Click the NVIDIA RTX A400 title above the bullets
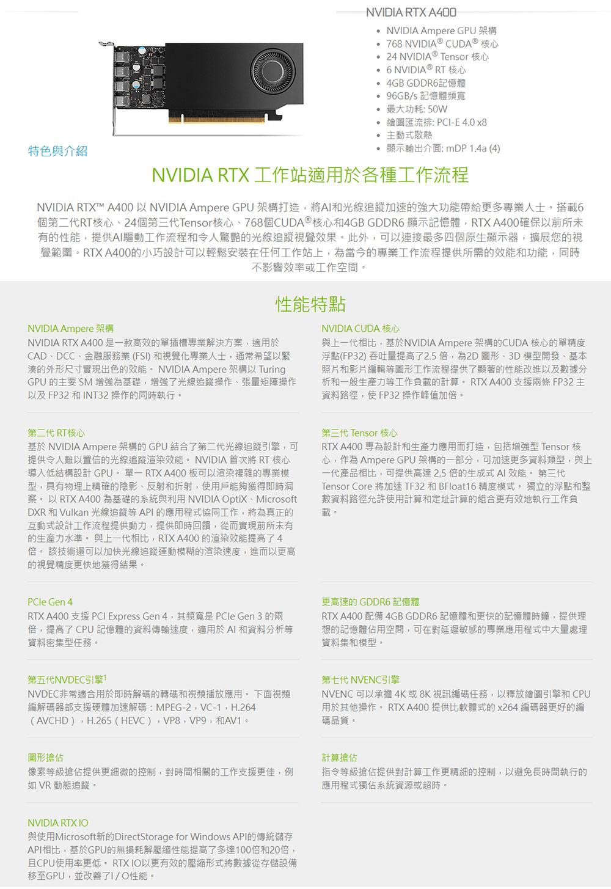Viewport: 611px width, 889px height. [x=411, y=12]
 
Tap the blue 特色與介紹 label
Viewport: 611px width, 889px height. [x=58, y=151]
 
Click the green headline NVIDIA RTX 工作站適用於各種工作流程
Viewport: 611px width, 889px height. [x=310, y=175]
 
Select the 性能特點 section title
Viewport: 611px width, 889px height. [x=310, y=303]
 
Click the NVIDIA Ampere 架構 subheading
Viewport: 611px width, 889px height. [x=70, y=329]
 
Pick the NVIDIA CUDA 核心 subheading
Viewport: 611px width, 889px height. [x=360, y=329]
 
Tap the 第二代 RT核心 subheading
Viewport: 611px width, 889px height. [x=56, y=433]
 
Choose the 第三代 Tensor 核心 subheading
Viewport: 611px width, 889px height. [x=359, y=433]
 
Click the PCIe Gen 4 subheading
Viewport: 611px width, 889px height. [x=50, y=602]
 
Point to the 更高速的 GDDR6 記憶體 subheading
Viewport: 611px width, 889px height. [x=370, y=602]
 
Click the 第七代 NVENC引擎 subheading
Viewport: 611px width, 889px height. [x=360, y=679]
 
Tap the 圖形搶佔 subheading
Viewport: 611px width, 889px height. [x=45, y=758]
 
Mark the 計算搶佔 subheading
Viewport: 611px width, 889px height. [x=340, y=758]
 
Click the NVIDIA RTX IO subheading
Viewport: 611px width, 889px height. [x=58, y=822]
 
